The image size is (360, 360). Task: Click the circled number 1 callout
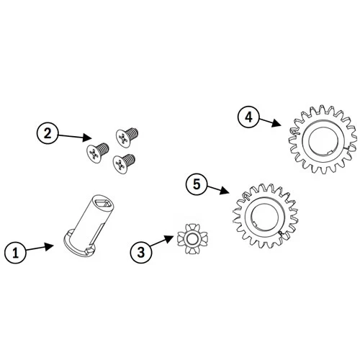(16, 253)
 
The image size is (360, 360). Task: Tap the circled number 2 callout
(48, 133)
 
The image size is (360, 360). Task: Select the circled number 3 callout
(141, 252)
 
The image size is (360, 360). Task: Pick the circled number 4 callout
(248, 117)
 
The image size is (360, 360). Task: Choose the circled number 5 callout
(197, 184)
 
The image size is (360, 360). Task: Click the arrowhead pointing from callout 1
(49, 247)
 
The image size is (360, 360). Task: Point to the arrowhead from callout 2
(87, 138)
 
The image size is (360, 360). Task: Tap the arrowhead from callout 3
(168, 239)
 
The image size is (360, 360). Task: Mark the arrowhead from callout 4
(276, 124)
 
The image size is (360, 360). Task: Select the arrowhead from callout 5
(225, 191)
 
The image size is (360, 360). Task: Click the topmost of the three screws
(127, 137)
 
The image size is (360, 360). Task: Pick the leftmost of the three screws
(97, 152)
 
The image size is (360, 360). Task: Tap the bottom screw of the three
(124, 163)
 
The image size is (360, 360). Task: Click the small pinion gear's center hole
(192, 239)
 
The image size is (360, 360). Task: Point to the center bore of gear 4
(323, 141)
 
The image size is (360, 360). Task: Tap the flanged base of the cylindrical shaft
(80, 245)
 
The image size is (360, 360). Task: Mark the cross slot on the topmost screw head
(122, 138)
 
